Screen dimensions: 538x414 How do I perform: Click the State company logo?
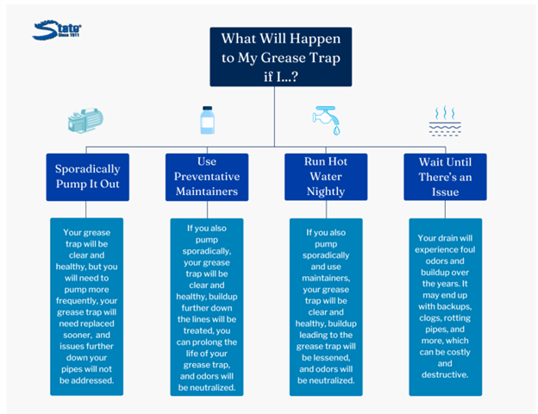(57, 30)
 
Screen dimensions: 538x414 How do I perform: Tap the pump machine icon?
(85, 121)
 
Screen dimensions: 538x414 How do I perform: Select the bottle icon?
(207, 120)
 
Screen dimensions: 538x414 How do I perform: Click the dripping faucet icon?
(326, 120)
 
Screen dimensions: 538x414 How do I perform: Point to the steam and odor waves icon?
(445, 121)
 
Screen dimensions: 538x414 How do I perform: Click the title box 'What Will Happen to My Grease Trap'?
(281, 57)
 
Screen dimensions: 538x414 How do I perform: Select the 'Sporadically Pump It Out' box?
(87, 177)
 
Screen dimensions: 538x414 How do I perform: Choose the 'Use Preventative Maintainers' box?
(207, 177)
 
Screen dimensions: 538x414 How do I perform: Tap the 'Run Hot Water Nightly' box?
(326, 177)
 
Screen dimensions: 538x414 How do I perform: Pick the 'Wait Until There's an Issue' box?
(445, 177)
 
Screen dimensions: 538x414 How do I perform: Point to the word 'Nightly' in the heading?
(326, 191)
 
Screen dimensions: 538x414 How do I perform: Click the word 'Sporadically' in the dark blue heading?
(87, 169)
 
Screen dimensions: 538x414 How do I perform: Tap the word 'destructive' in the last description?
(444, 374)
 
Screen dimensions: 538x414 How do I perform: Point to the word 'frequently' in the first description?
(78, 301)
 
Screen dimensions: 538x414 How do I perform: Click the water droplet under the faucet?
(336, 130)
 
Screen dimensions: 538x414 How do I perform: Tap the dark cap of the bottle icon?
(208, 109)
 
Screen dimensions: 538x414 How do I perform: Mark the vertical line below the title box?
(274, 116)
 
